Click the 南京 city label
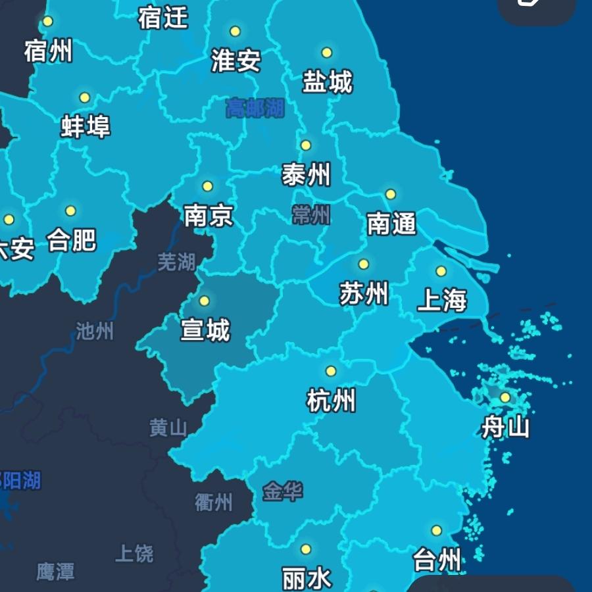click(209, 215)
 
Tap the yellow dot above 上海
click(441, 271)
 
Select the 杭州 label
click(332, 400)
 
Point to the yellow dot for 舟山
click(505, 397)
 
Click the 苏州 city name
click(364, 293)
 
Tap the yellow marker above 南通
click(391, 194)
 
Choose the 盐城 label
click(328, 82)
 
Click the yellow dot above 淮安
click(235, 31)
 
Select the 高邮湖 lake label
click(255, 107)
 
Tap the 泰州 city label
click(306, 175)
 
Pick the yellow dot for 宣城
click(204, 301)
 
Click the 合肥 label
click(72, 240)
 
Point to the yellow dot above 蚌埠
click(84, 98)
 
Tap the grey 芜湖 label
click(177, 262)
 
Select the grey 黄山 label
click(168, 428)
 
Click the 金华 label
click(283, 491)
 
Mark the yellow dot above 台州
click(436, 530)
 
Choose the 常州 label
click(310, 214)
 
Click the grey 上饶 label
click(134, 553)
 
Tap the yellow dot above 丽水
click(306, 549)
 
